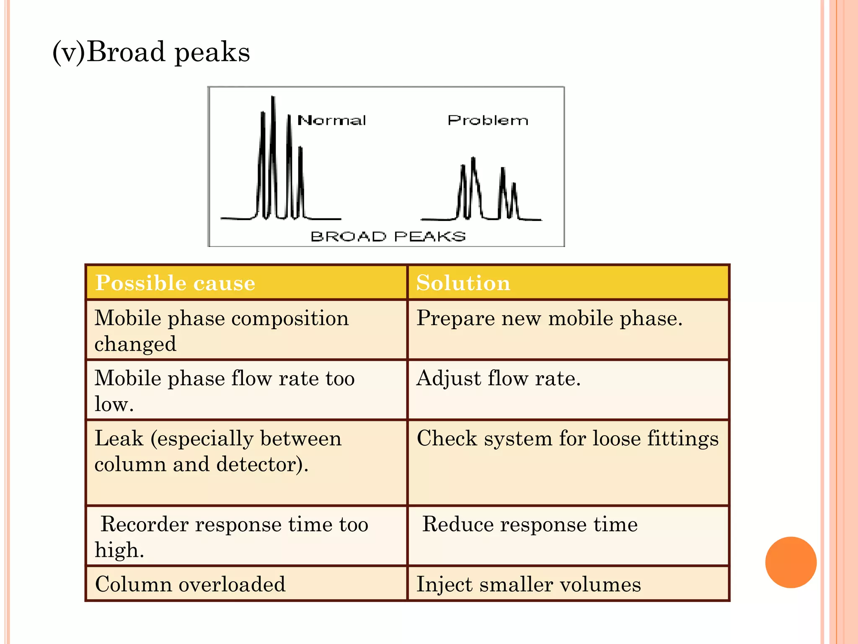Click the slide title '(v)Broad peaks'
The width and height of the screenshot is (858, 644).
point(151,52)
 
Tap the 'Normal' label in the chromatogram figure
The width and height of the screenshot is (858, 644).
point(331,121)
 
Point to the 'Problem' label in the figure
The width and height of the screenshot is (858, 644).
point(488,121)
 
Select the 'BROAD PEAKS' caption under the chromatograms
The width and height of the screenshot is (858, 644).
point(388,236)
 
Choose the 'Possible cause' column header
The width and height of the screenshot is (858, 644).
point(175,283)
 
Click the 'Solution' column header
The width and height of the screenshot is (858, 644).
point(463,283)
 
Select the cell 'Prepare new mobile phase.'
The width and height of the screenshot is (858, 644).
point(550,319)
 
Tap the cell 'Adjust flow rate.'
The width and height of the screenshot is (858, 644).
point(499,379)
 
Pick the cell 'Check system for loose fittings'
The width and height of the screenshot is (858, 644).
point(568,439)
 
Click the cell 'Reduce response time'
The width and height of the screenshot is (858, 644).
point(530,525)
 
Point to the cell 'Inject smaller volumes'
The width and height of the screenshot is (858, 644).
point(529,584)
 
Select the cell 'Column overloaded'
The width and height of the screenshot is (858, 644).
point(190,584)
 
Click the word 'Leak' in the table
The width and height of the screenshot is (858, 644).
point(119,439)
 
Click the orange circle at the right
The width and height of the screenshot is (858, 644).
point(791,562)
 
